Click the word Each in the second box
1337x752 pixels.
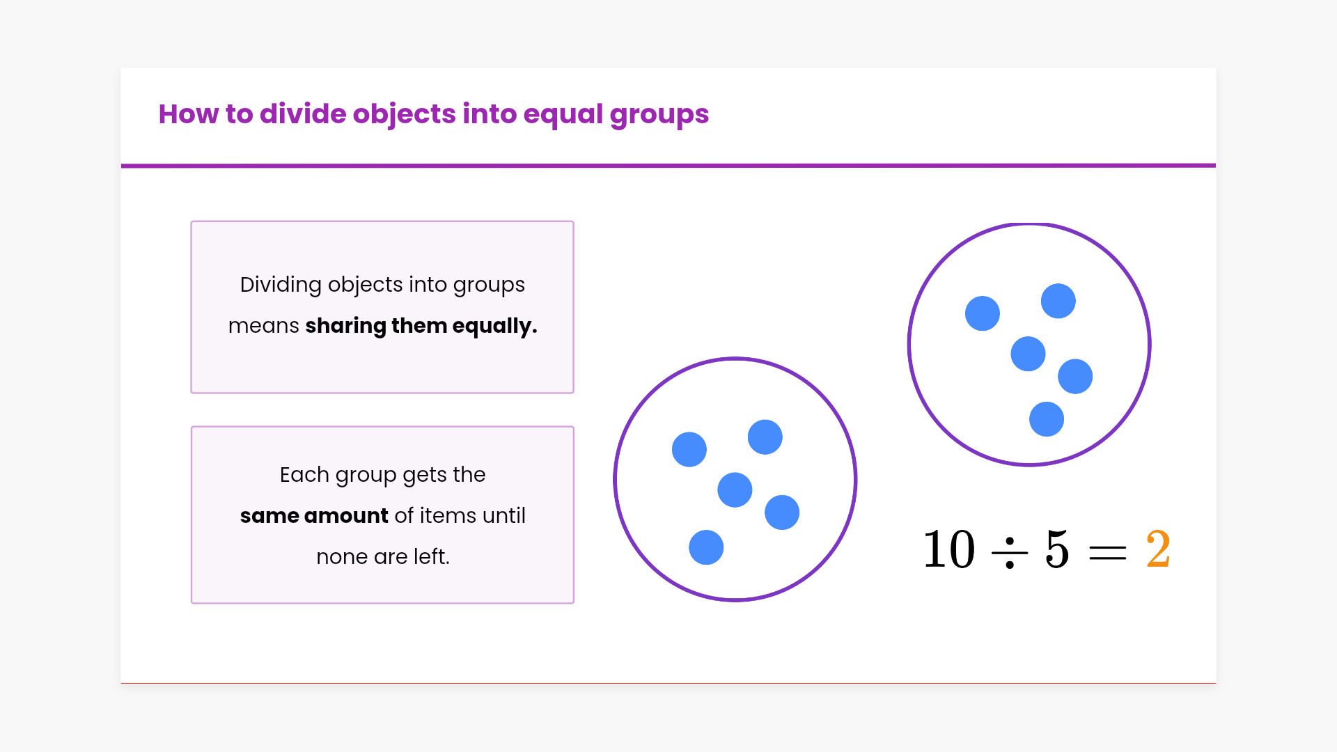pyautogui.click(x=304, y=475)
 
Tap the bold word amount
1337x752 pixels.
pyautogui.click(x=346, y=516)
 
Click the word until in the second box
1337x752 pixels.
pyautogui.click(x=504, y=516)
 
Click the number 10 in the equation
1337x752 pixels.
pyautogui.click(x=948, y=549)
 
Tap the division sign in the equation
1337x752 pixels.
pyautogui.click(x=1010, y=554)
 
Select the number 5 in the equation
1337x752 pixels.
pyautogui.click(x=1056, y=549)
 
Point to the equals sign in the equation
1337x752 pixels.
pyautogui.click(x=1107, y=554)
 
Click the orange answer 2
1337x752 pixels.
pyautogui.click(x=1158, y=549)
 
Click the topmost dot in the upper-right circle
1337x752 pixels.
pyautogui.click(x=1058, y=301)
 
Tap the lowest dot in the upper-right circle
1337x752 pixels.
pyautogui.click(x=1047, y=419)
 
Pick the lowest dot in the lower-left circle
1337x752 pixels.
pyautogui.click(x=706, y=547)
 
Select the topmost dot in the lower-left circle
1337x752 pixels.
pyautogui.click(x=765, y=437)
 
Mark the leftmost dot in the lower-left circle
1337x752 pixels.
pyautogui.click(x=689, y=450)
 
